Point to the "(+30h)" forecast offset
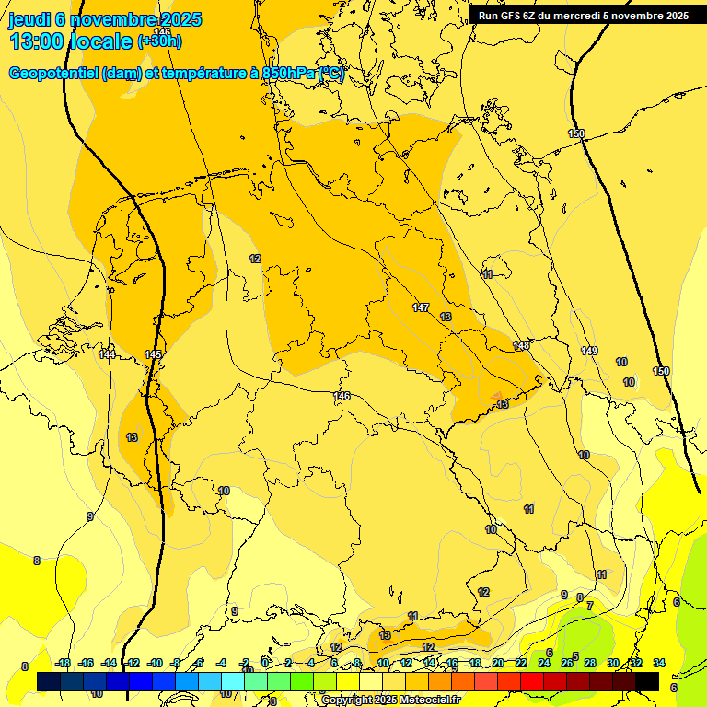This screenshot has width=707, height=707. [x=159, y=41]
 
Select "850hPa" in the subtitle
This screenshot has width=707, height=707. [x=287, y=74]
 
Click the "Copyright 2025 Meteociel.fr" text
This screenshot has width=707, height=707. [x=391, y=700]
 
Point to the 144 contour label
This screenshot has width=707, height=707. [x=108, y=354]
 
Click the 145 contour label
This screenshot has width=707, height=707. [x=154, y=354]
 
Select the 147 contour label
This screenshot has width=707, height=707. [x=421, y=307]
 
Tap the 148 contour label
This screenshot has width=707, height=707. [x=522, y=345]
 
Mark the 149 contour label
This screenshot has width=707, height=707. [x=589, y=351]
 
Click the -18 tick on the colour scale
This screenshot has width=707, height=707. [x=63, y=663]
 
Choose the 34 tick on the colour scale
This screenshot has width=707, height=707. [x=659, y=663]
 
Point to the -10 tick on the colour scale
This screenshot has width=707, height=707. [x=155, y=663]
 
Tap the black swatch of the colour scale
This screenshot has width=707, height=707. [x=647, y=681]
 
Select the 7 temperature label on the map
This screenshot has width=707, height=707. [x=590, y=605]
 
